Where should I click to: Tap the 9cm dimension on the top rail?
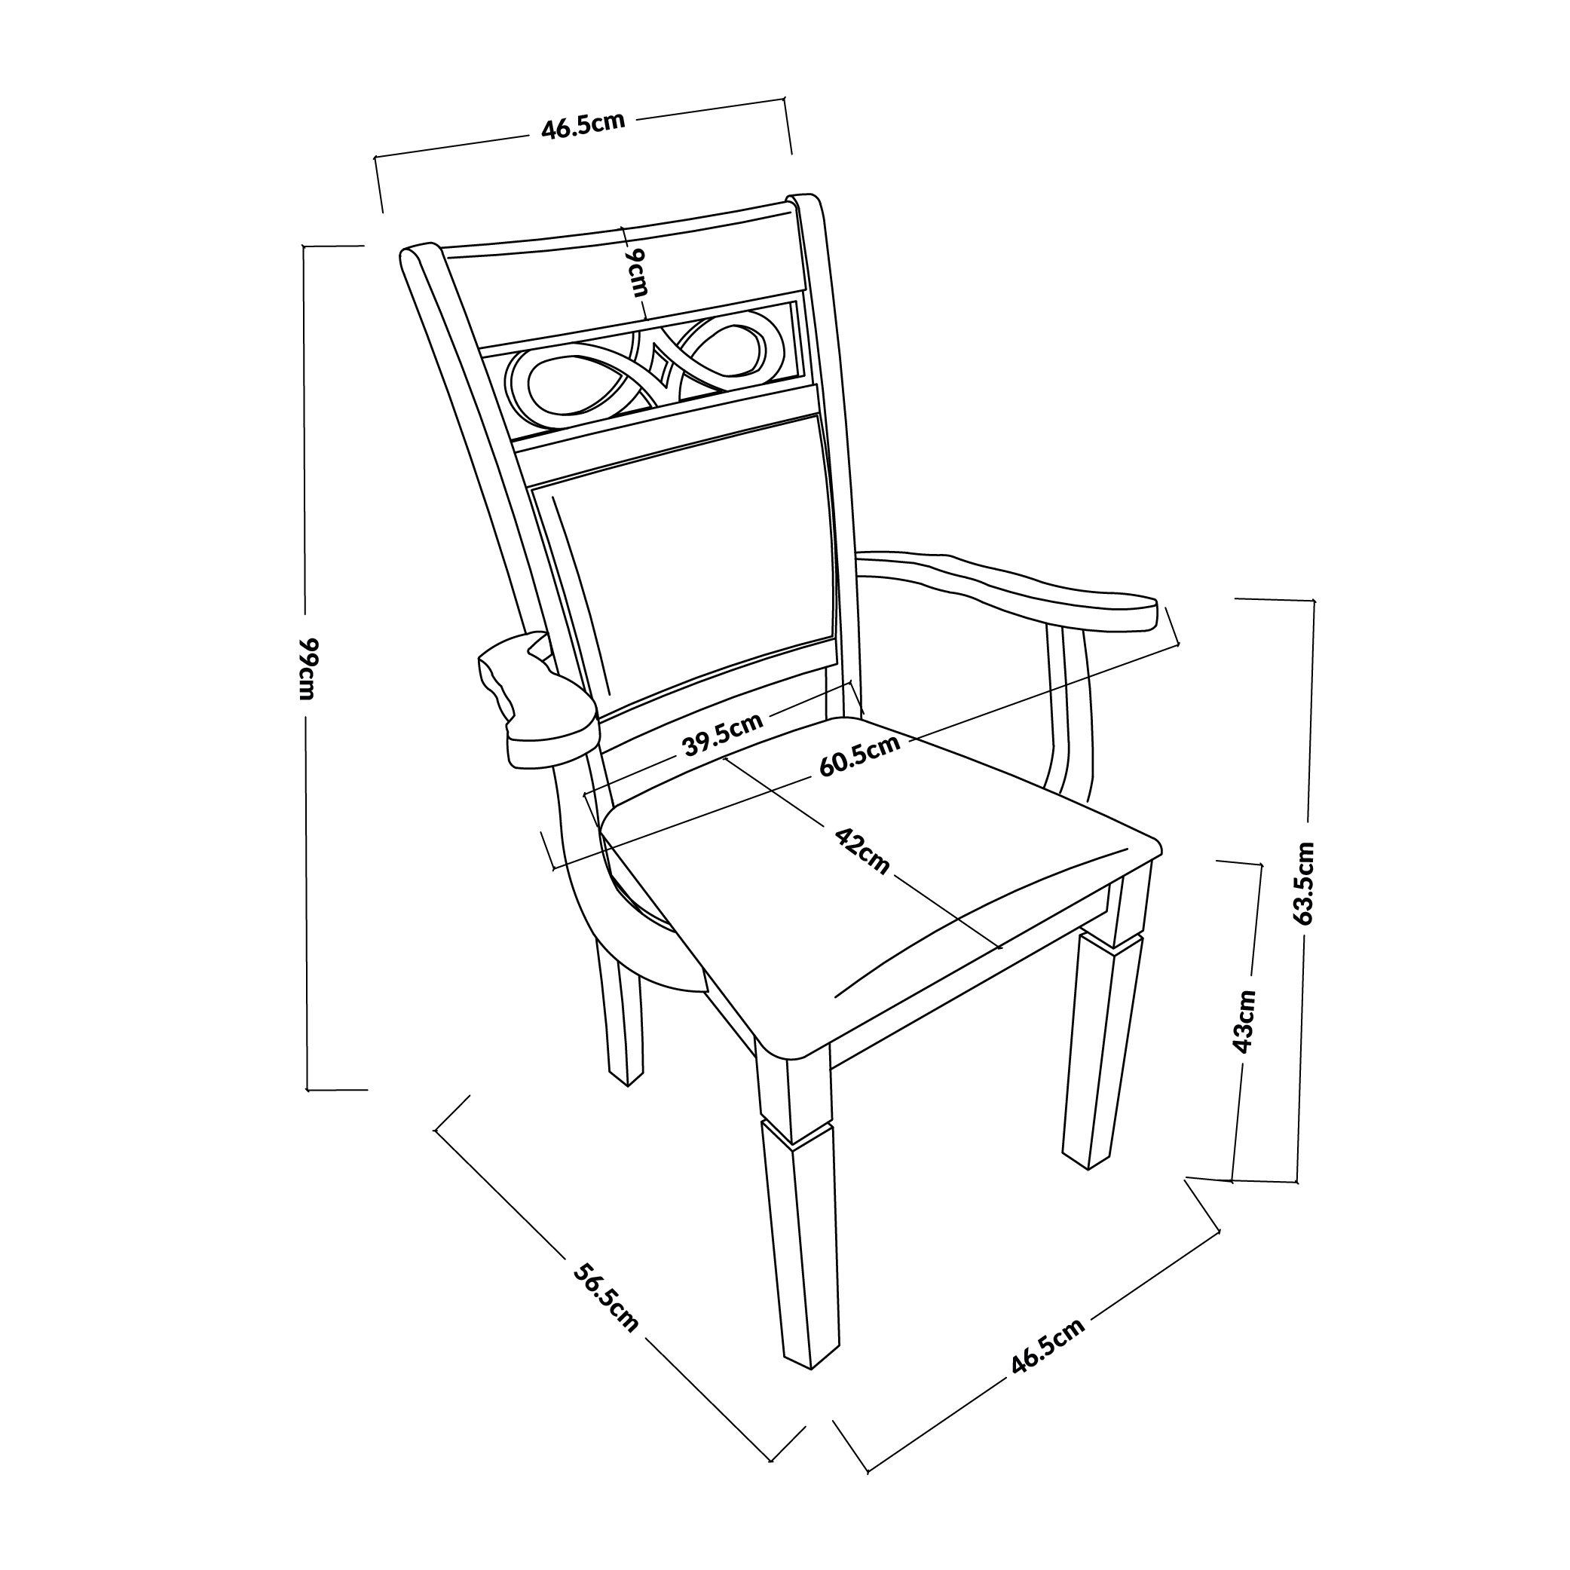[636, 272]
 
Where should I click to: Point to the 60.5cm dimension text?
[860, 755]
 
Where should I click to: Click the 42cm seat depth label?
[862, 851]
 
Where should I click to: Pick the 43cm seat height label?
[1244, 1021]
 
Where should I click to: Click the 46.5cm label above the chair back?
[583, 125]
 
